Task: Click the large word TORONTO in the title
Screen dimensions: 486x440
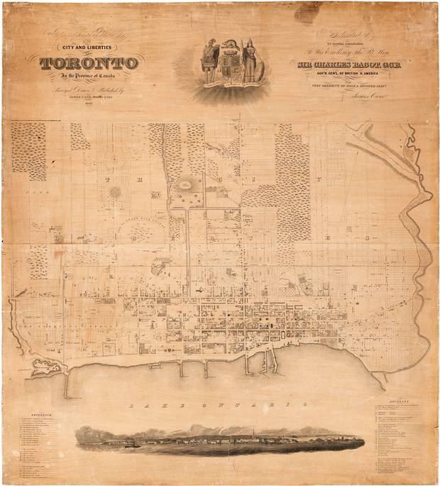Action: click(89, 64)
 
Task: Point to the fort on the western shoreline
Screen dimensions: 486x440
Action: click(44, 367)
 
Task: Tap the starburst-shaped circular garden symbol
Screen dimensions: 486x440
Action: click(114, 193)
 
